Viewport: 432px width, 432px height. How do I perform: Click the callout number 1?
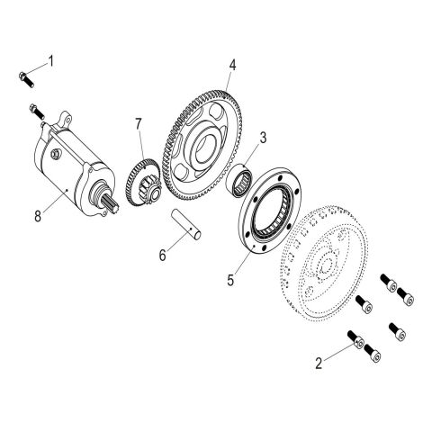click(51, 61)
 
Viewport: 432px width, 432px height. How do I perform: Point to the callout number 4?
click(232, 66)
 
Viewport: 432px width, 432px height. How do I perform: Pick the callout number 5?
click(231, 280)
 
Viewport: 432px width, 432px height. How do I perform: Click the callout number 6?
click(162, 255)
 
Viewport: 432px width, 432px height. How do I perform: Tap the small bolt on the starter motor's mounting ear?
click(37, 113)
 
